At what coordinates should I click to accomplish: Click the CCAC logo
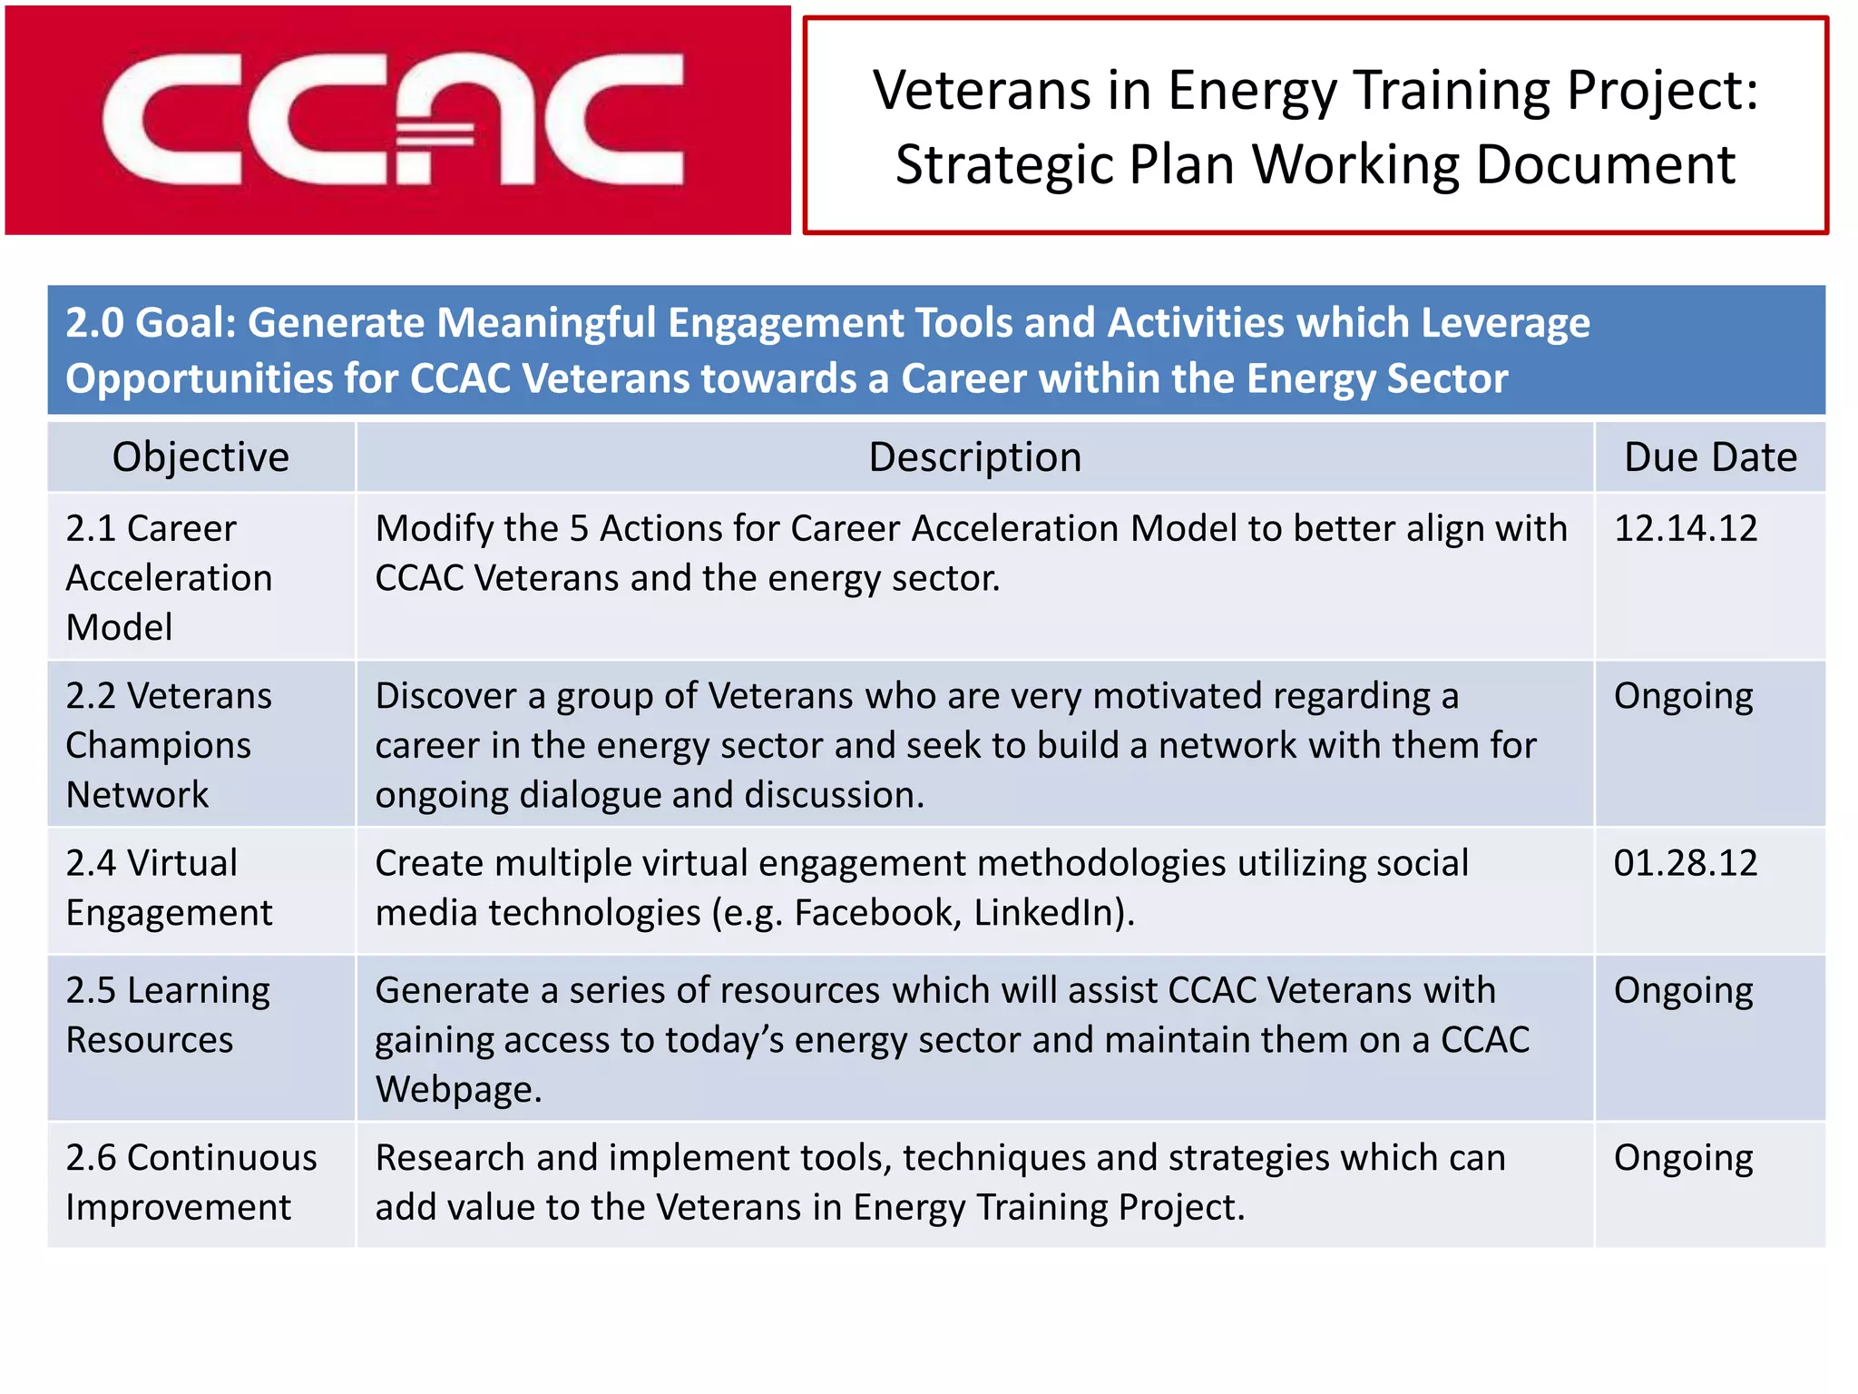coord(396,121)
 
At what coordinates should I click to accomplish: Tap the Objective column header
coord(200,456)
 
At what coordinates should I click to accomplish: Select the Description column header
coord(974,456)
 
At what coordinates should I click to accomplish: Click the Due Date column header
coord(1709,456)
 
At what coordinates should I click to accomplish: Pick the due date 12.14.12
coord(1685,528)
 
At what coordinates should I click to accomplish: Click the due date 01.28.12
coord(1685,862)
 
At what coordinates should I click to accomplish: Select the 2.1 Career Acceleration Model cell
coord(170,577)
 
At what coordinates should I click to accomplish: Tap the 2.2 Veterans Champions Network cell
coord(170,744)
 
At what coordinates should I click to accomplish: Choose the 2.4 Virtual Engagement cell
coord(170,888)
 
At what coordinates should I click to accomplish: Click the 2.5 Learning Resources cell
coord(170,1015)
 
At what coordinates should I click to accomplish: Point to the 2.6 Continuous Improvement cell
coord(191,1182)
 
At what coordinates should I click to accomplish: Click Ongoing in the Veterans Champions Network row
coord(1683,697)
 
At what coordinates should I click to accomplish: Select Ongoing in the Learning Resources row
coord(1683,991)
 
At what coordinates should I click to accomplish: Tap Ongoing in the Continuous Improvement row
coord(1683,1159)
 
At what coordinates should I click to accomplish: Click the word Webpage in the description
coord(458,1089)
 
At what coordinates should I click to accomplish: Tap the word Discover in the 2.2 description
coord(445,696)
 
